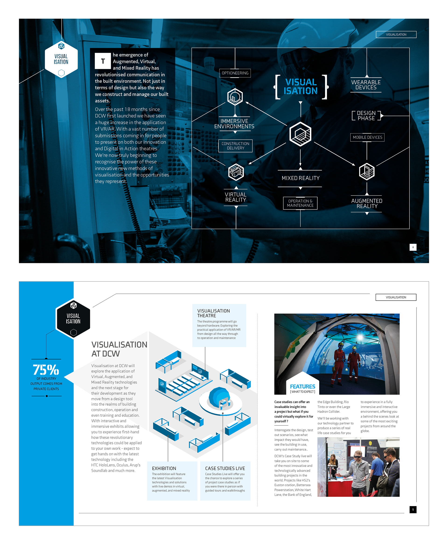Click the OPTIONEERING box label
click(235, 73)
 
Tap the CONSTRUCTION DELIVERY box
click(235, 146)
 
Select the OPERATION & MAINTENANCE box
click(300, 203)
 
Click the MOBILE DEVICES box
click(367, 137)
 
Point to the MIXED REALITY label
click(300, 178)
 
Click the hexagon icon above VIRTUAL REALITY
click(236, 172)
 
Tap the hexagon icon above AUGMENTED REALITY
click(367, 172)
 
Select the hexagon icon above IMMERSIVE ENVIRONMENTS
click(235, 97)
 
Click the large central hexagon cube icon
click(300, 134)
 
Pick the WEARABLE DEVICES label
click(366, 85)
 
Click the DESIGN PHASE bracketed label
click(366, 115)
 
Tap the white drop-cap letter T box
click(103, 61)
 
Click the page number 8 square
click(413, 247)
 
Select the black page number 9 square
click(413, 510)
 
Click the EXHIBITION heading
click(164, 468)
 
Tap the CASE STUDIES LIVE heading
click(225, 468)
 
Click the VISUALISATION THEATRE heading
click(213, 313)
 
